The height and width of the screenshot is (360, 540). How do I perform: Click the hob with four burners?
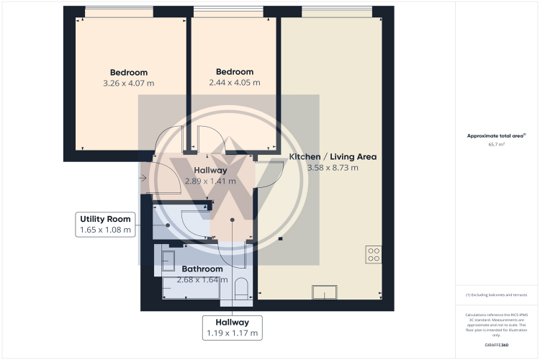374,253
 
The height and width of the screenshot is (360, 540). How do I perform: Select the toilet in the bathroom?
242,288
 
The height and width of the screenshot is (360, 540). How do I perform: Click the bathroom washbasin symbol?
171,258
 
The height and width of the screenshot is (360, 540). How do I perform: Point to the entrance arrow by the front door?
143,178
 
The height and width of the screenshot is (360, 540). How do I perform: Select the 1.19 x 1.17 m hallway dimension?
231,333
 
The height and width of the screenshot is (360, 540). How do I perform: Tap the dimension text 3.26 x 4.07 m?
129,84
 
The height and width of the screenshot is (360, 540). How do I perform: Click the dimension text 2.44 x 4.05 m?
235,84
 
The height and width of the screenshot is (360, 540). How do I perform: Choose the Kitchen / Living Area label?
333,156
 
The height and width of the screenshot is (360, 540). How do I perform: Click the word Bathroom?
202,269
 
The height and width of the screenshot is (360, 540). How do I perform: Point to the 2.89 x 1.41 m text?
210,181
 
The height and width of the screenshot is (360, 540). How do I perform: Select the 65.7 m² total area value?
497,145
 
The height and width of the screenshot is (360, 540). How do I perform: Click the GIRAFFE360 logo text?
497,346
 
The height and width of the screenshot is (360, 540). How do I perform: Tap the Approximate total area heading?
495,135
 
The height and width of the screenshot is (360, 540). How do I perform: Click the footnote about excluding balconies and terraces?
497,295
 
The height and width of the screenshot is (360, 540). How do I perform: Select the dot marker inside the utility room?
168,225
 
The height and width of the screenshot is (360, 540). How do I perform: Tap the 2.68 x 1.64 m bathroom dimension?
202,280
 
